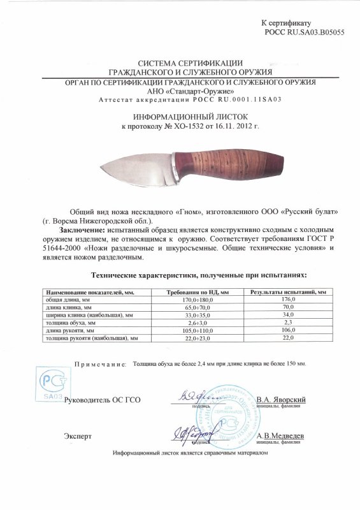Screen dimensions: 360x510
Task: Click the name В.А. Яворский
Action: click(283, 400)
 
